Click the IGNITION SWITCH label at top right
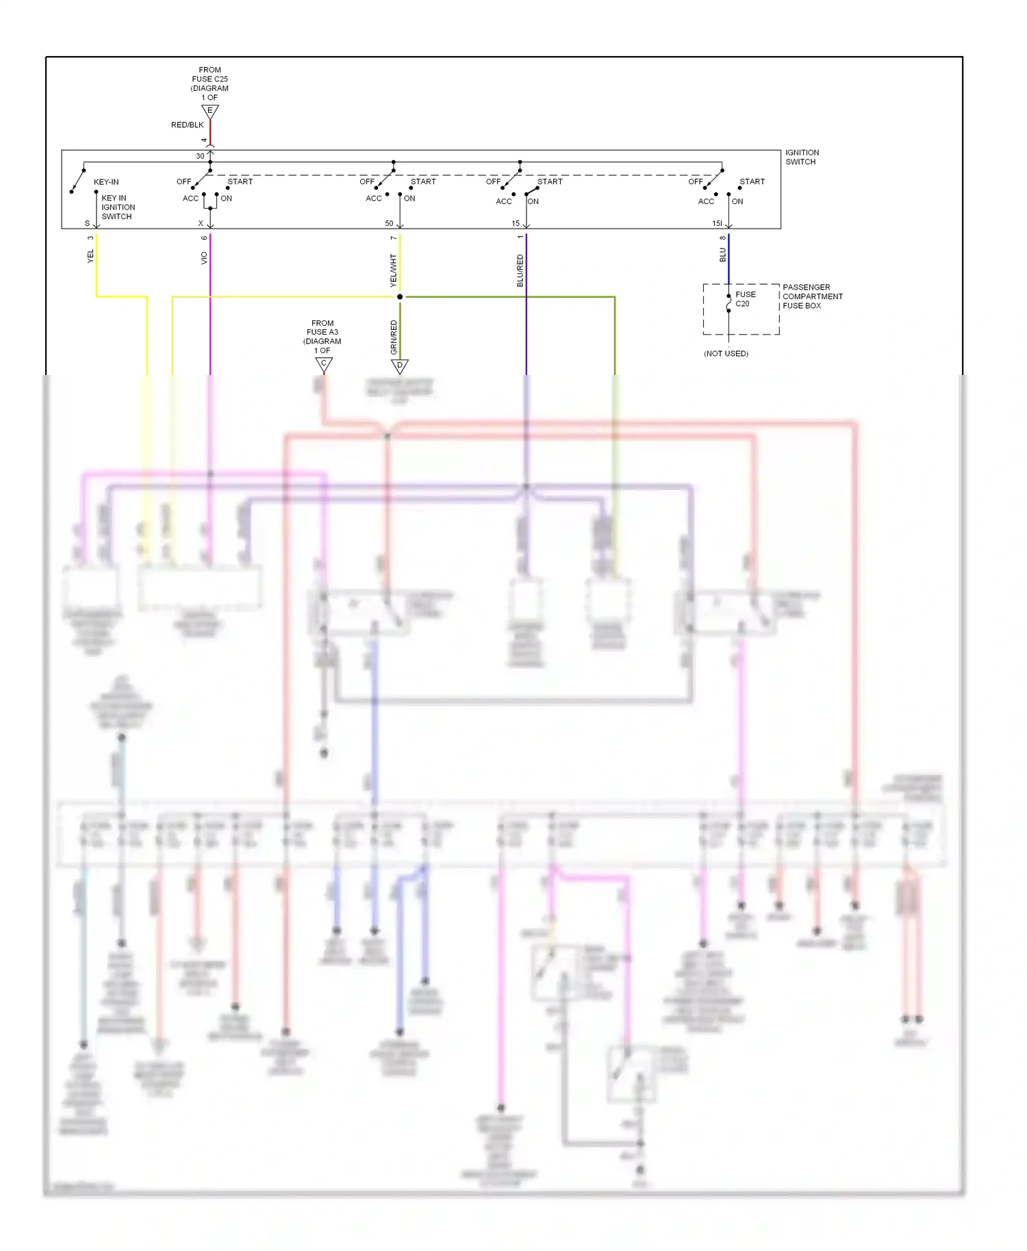point(801,157)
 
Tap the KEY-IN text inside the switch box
point(106,182)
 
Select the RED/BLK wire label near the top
point(187,125)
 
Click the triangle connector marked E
point(210,111)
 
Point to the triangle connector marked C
point(324,364)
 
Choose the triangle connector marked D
point(400,365)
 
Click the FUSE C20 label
point(745,299)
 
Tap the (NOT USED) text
point(726,354)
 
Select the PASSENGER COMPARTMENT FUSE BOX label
point(812,296)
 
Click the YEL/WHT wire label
point(393,270)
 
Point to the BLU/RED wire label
point(520,270)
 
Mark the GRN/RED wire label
point(394,337)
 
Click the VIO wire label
point(204,258)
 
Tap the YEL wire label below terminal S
point(90,257)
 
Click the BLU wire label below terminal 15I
point(722,255)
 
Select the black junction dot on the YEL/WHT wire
point(400,297)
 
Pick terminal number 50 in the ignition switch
point(389,224)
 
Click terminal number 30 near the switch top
point(200,156)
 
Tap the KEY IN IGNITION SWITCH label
point(118,207)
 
